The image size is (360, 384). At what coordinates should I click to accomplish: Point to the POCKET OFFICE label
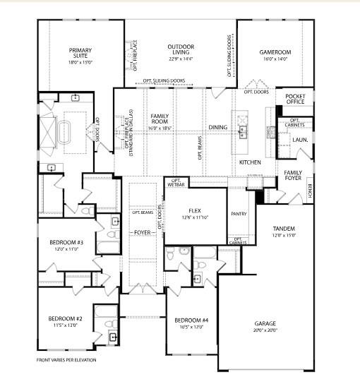294,98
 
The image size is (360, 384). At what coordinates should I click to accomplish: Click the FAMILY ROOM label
162,118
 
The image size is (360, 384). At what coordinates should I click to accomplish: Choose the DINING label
217,127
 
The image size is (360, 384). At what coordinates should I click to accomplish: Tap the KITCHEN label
249,162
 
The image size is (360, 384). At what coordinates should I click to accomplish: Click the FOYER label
144,232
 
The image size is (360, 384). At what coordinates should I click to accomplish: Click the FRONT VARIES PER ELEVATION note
67,360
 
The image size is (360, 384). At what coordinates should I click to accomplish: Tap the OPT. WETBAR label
175,184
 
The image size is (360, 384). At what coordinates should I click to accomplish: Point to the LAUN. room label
300,140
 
